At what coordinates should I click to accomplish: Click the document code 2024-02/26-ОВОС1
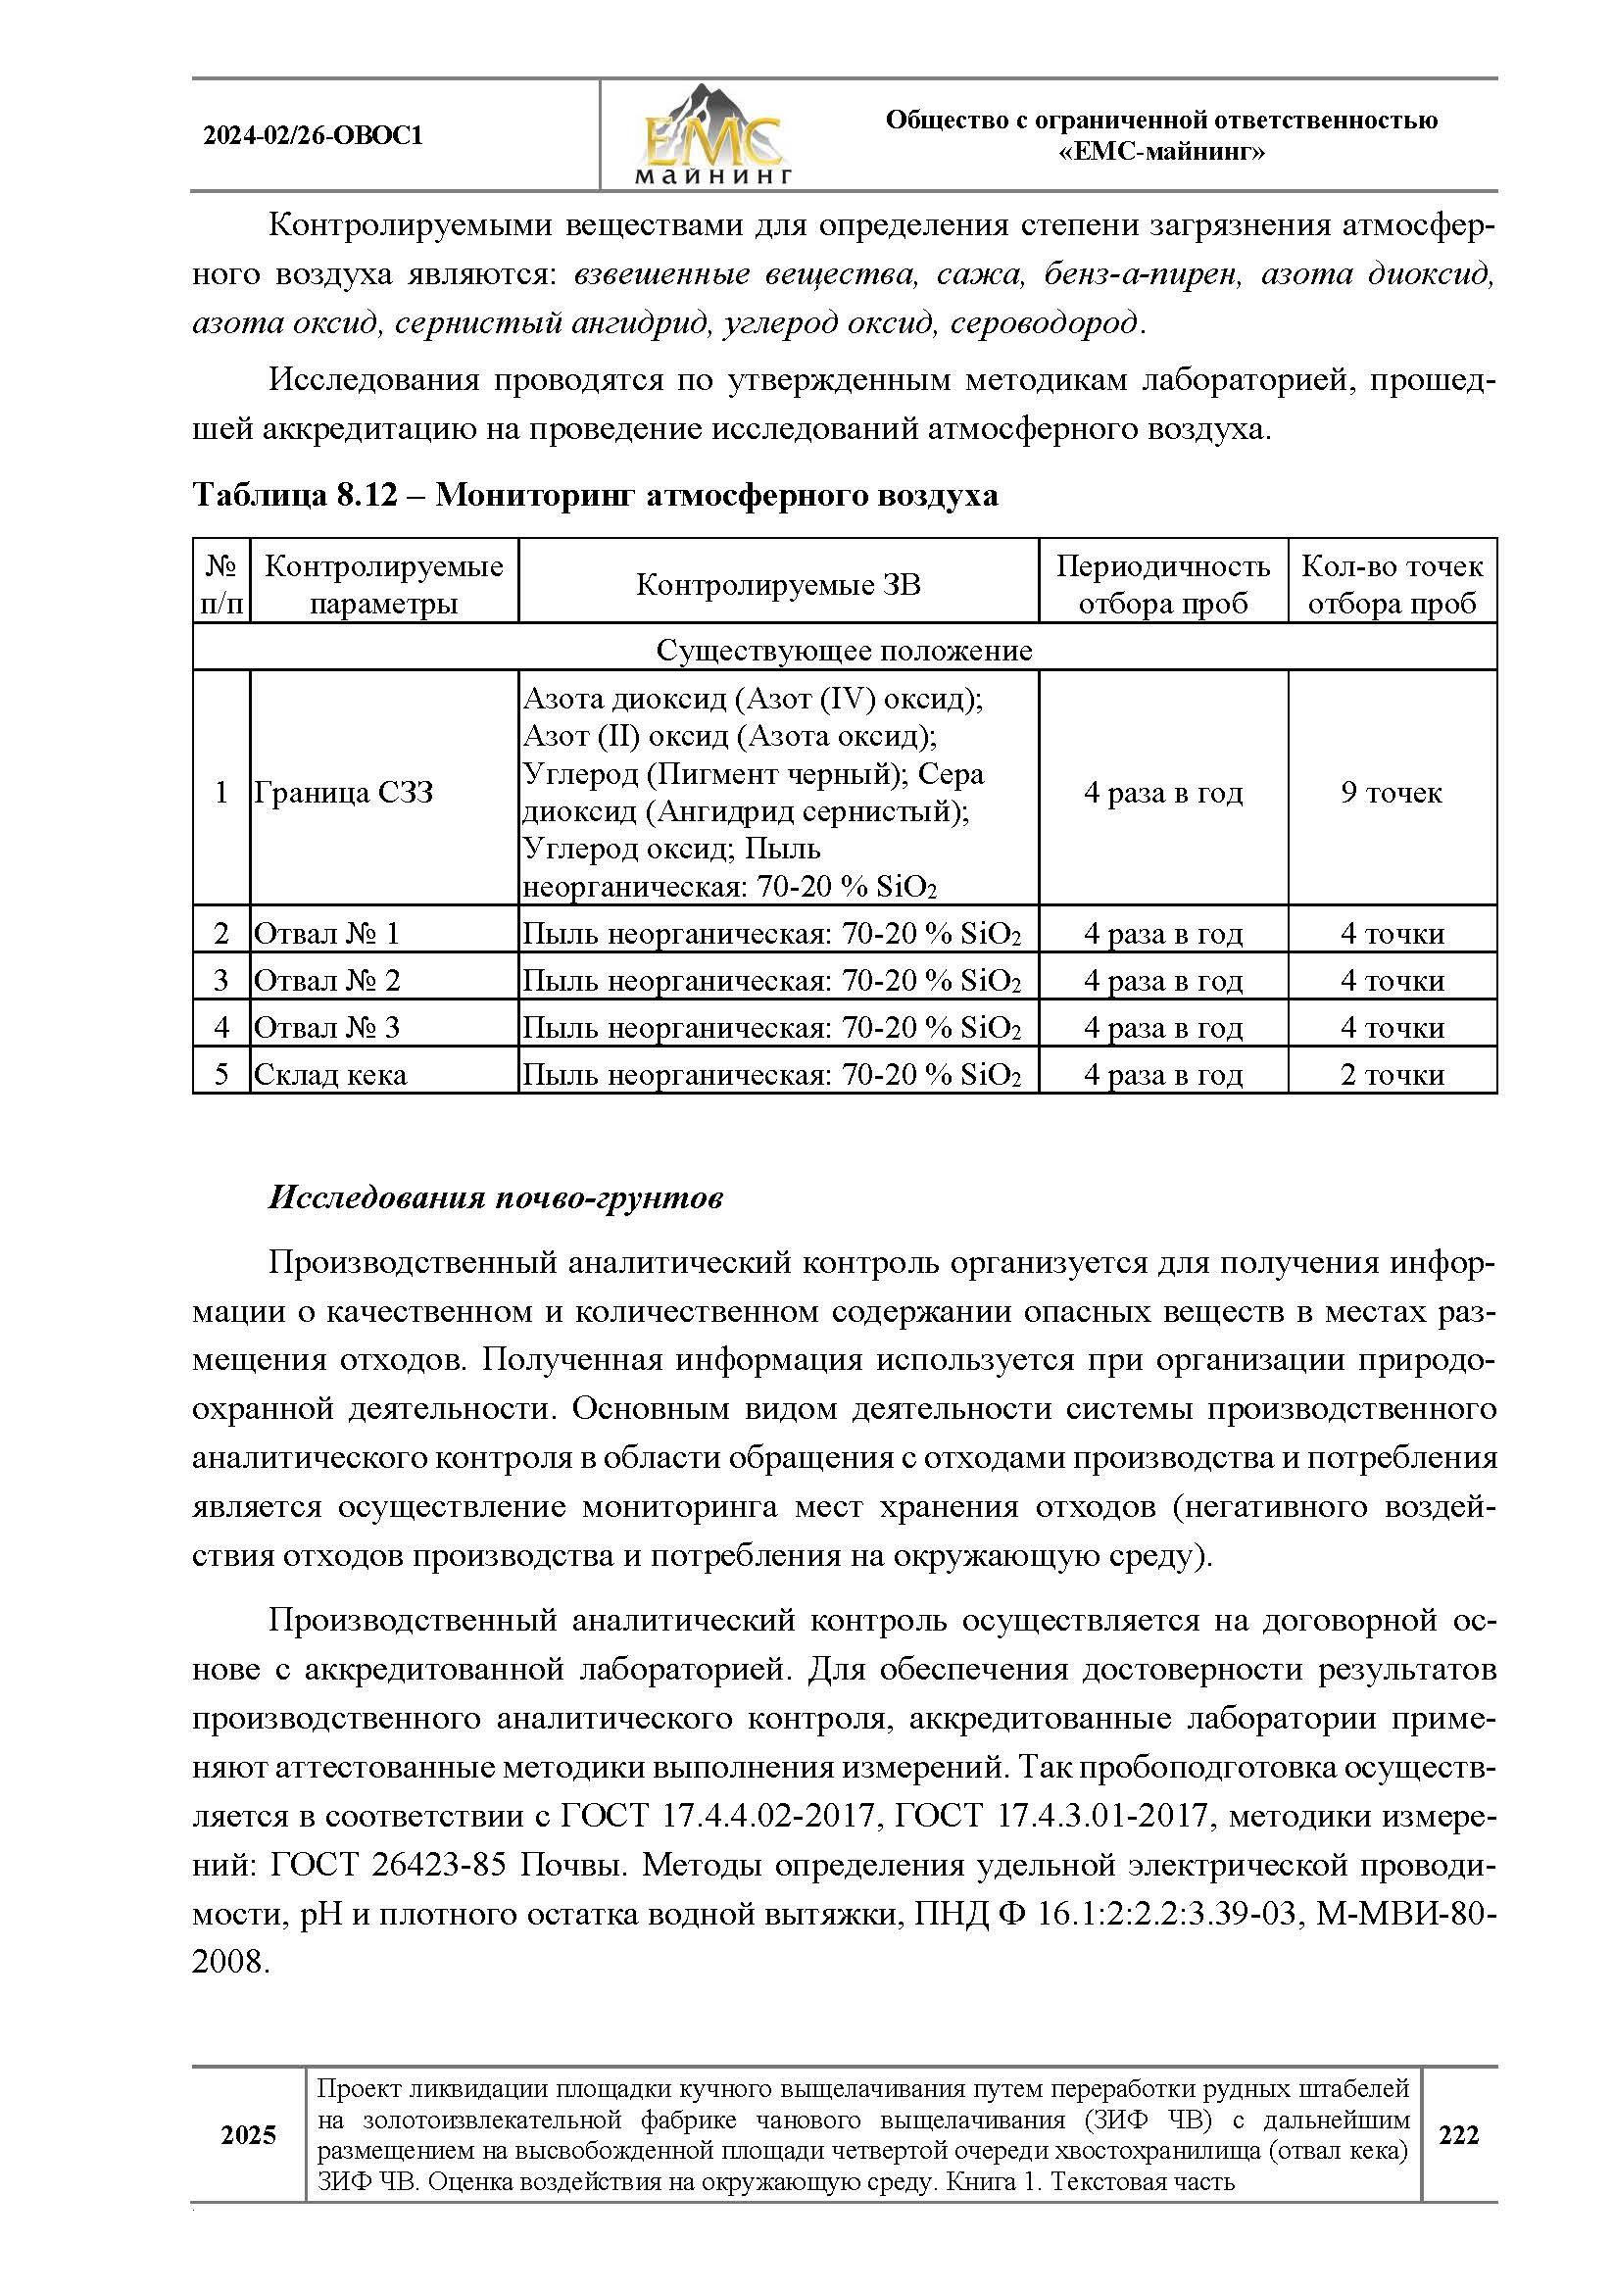click(x=314, y=136)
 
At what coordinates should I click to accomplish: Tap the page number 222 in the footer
click(x=1458, y=2135)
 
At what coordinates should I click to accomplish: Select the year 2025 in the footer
click(x=249, y=2135)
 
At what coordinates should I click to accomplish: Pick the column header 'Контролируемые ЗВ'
click(x=777, y=585)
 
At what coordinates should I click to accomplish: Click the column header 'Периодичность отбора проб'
click(x=1163, y=585)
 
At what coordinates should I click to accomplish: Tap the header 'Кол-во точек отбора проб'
click(x=1392, y=585)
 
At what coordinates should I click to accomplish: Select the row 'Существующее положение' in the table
click(x=844, y=651)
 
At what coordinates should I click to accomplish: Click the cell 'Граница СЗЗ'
click(x=344, y=793)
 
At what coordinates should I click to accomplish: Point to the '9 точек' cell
click(x=1392, y=793)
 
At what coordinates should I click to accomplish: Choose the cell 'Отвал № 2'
click(x=327, y=980)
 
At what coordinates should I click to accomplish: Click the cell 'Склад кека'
click(x=330, y=1074)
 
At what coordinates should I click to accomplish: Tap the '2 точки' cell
click(x=1392, y=1074)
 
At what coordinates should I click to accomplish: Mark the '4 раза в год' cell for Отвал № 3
click(x=1163, y=1027)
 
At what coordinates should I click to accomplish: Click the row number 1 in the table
click(x=221, y=793)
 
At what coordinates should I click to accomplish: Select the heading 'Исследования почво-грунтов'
click(x=495, y=1197)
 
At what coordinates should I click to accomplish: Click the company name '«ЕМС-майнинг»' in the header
click(x=1161, y=153)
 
